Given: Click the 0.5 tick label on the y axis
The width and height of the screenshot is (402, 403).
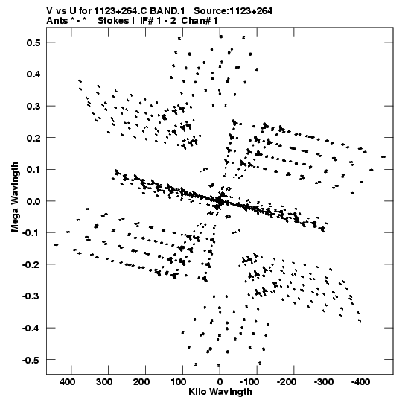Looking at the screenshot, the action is pyautogui.click(x=33, y=42).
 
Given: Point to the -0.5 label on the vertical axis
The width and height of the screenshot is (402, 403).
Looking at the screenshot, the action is pyautogui.click(x=31, y=360).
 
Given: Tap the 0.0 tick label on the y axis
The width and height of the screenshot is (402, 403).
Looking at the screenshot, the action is pyautogui.click(x=33, y=201).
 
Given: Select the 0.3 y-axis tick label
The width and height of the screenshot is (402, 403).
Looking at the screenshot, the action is pyautogui.click(x=33, y=106).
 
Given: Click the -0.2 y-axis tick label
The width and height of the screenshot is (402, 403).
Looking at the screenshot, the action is pyautogui.click(x=31, y=264).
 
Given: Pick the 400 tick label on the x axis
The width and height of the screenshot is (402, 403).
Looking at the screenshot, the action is pyautogui.click(x=68, y=382).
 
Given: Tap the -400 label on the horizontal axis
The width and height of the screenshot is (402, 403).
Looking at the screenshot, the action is pyautogui.click(x=360, y=382).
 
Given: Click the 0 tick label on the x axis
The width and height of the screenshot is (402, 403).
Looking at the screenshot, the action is pyautogui.click(x=220, y=382).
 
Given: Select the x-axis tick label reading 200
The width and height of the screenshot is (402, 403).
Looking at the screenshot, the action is pyautogui.click(x=141, y=382).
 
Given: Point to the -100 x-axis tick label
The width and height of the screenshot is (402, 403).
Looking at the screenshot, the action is pyautogui.click(x=249, y=382).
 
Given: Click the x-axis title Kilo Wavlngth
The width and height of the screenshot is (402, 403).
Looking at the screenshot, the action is pyautogui.click(x=220, y=392).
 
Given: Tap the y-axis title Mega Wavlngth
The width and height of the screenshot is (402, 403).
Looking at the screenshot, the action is pyautogui.click(x=15, y=197).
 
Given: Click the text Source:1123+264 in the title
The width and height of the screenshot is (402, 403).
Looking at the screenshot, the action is pyautogui.click(x=233, y=11).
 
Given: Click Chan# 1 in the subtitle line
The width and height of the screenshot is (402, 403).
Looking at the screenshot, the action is pyautogui.click(x=200, y=21).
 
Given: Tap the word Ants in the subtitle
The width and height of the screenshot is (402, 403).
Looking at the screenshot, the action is pyautogui.click(x=57, y=21).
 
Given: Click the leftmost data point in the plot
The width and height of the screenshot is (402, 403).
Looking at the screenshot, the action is pyautogui.click(x=56, y=244).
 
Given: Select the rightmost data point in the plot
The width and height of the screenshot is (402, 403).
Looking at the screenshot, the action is pyautogui.click(x=383, y=157).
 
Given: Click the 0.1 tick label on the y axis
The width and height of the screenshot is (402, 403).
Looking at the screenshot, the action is pyautogui.click(x=33, y=170).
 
